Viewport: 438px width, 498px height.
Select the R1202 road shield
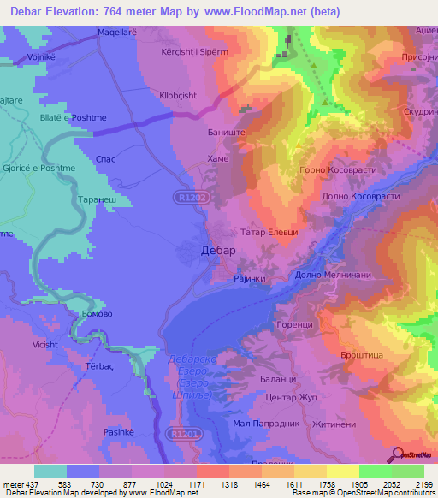coord(192,197)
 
